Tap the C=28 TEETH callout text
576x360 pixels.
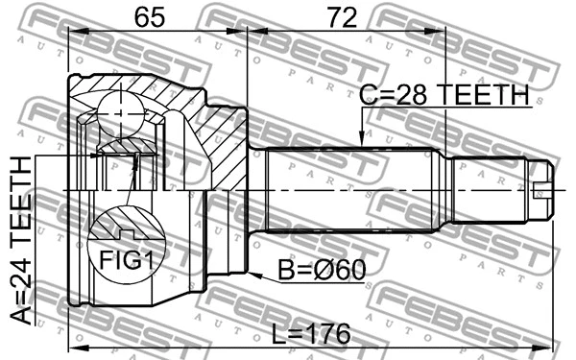pyautogui.click(x=444, y=95)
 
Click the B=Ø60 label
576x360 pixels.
pyautogui.click(x=321, y=272)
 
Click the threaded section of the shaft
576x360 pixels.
pyautogui.click(x=490, y=188)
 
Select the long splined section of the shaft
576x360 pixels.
pyautogui.click(x=355, y=188)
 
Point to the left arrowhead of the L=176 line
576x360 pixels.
pyautogui.click(x=75, y=345)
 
